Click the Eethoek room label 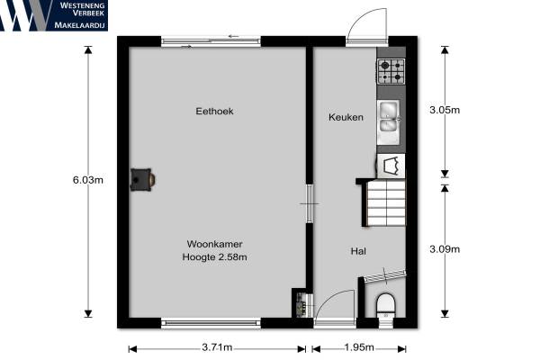[x=214, y=112]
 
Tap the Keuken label [x=346, y=117]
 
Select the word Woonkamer [x=214, y=244]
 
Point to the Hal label [x=358, y=251]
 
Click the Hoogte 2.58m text [x=214, y=257]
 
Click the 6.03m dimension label [x=88, y=180]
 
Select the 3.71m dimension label [x=217, y=347]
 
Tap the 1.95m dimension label [x=359, y=347]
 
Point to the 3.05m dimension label [x=445, y=110]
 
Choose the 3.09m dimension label [x=445, y=249]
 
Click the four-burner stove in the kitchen [x=391, y=71]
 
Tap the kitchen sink [x=389, y=122]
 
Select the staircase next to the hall [x=385, y=202]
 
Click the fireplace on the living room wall [x=142, y=179]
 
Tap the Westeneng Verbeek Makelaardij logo [x=54, y=15]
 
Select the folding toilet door [x=385, y=275]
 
